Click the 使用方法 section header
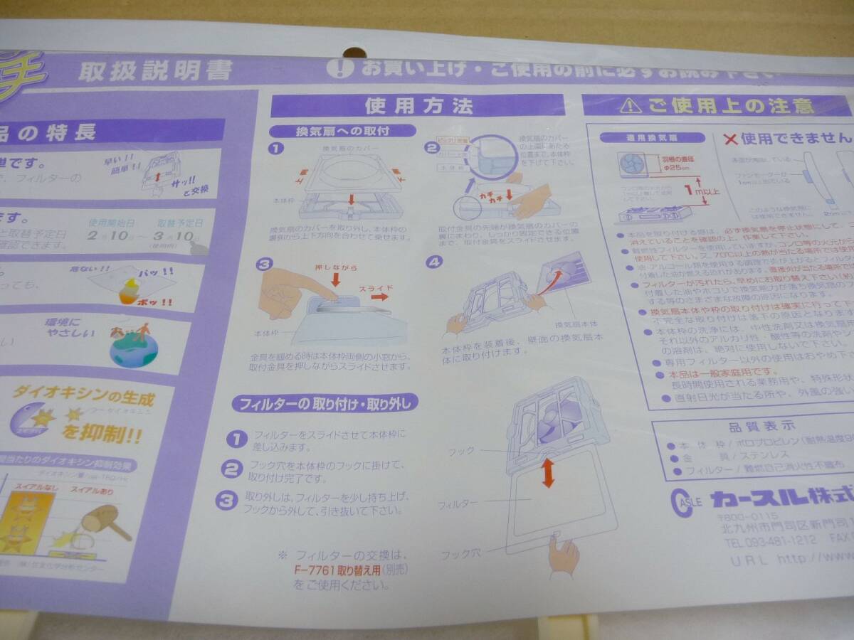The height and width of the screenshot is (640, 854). click(418, 106)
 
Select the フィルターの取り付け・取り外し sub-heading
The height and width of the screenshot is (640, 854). click(325, 404)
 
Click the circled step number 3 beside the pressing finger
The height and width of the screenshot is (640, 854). click(265, 265)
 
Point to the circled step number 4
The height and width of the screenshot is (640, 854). click(434, 262)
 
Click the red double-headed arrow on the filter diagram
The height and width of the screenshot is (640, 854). click(547, 473)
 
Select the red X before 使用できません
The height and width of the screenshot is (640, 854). click(730, 138)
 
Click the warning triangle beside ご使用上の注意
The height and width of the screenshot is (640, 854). click(626, 106)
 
